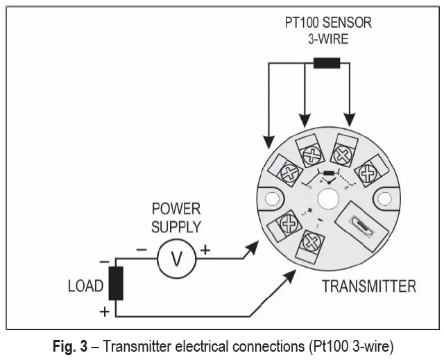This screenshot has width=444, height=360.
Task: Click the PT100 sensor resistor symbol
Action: pyautogui.click(x=327, y=63)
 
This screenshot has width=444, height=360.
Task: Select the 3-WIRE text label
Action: pyautogui.click(x=327, y=39)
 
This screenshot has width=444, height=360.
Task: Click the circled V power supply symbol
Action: pyautogui.click(x=176, y=259)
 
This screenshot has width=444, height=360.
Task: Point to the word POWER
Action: pyautogui.click(x=176, y=209)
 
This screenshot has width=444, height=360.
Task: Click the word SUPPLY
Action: pyautogui.click(x=176, y=226)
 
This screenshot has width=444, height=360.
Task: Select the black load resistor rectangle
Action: pyautogui.click(x=116, y=283)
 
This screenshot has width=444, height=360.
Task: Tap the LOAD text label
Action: pyautogui.click(x=85, y=286)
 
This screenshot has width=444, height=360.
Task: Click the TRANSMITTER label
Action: pyautogui.click(x=368, y=286)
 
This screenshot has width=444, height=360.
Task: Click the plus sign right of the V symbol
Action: pyautogui.click(x=205, y=249)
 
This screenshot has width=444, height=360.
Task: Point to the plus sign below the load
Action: pyautogui.click(x=105, y=311)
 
